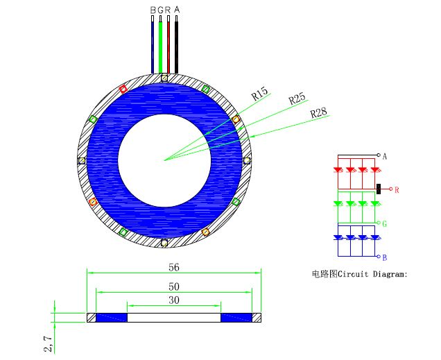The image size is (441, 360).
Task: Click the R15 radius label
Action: [x=259, y=94]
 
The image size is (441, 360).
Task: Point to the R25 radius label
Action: [x=297, y=98]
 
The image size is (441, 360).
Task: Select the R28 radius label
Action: [x=319, y=113]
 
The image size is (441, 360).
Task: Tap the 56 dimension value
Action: [x=174, y=267]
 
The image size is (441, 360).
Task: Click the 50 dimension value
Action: [x=174, y=286]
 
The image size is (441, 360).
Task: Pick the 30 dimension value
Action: [x=174, y=300]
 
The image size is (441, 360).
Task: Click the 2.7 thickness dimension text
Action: [x=48, y=343]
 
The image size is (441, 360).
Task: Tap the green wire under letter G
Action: [x=160, y=47]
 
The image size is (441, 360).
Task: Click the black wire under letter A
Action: [x=176, y=47]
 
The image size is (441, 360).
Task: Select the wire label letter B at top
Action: [x=153, y=10]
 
